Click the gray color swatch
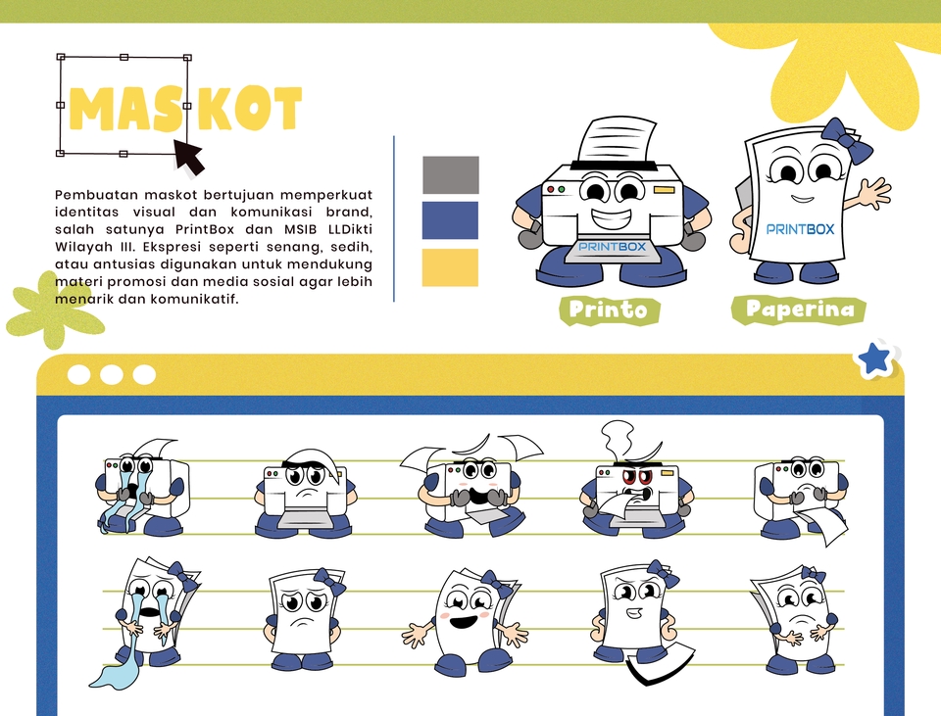coord(451,174)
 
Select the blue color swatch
coord(451,220)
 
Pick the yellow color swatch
coord(450,267)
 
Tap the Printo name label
coord(609,310)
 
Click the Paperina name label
coord(799,310)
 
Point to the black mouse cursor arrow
coord(189,158)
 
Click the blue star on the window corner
coord(874,359)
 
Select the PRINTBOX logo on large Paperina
coord(800,229)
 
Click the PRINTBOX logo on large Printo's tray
coord(612,247)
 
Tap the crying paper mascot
coord(147,618)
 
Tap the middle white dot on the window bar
coord(111,375)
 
